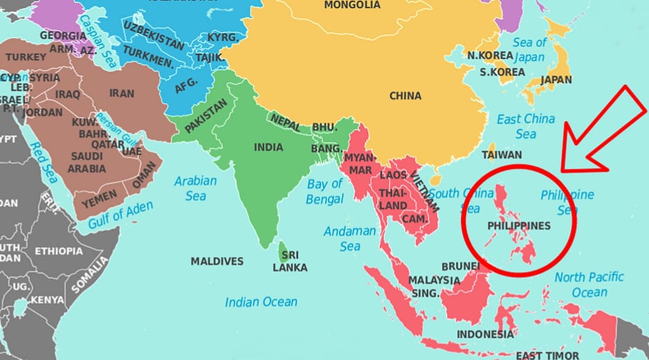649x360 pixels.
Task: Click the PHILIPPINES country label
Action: tap(519, 226)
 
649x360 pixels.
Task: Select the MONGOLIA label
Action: tap(352, 5)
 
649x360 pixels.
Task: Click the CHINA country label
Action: tap(405, 96)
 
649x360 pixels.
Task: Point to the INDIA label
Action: tap(268, 147)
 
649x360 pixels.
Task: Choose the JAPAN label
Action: tap(556, 80)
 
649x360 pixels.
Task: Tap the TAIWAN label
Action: tap(502, 154)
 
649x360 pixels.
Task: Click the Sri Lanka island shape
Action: tap(283, 250)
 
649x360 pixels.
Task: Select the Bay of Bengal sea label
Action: tap(325, 192)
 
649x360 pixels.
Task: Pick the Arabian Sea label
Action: tap(195, 188)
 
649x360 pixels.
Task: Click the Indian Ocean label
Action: tap(261, 302)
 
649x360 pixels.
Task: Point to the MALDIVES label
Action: tap(217, 262)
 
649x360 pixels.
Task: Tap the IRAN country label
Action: tap(122, 93)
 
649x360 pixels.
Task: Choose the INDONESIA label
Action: tap(484, 334)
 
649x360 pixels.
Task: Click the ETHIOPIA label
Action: tap(58, 251)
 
